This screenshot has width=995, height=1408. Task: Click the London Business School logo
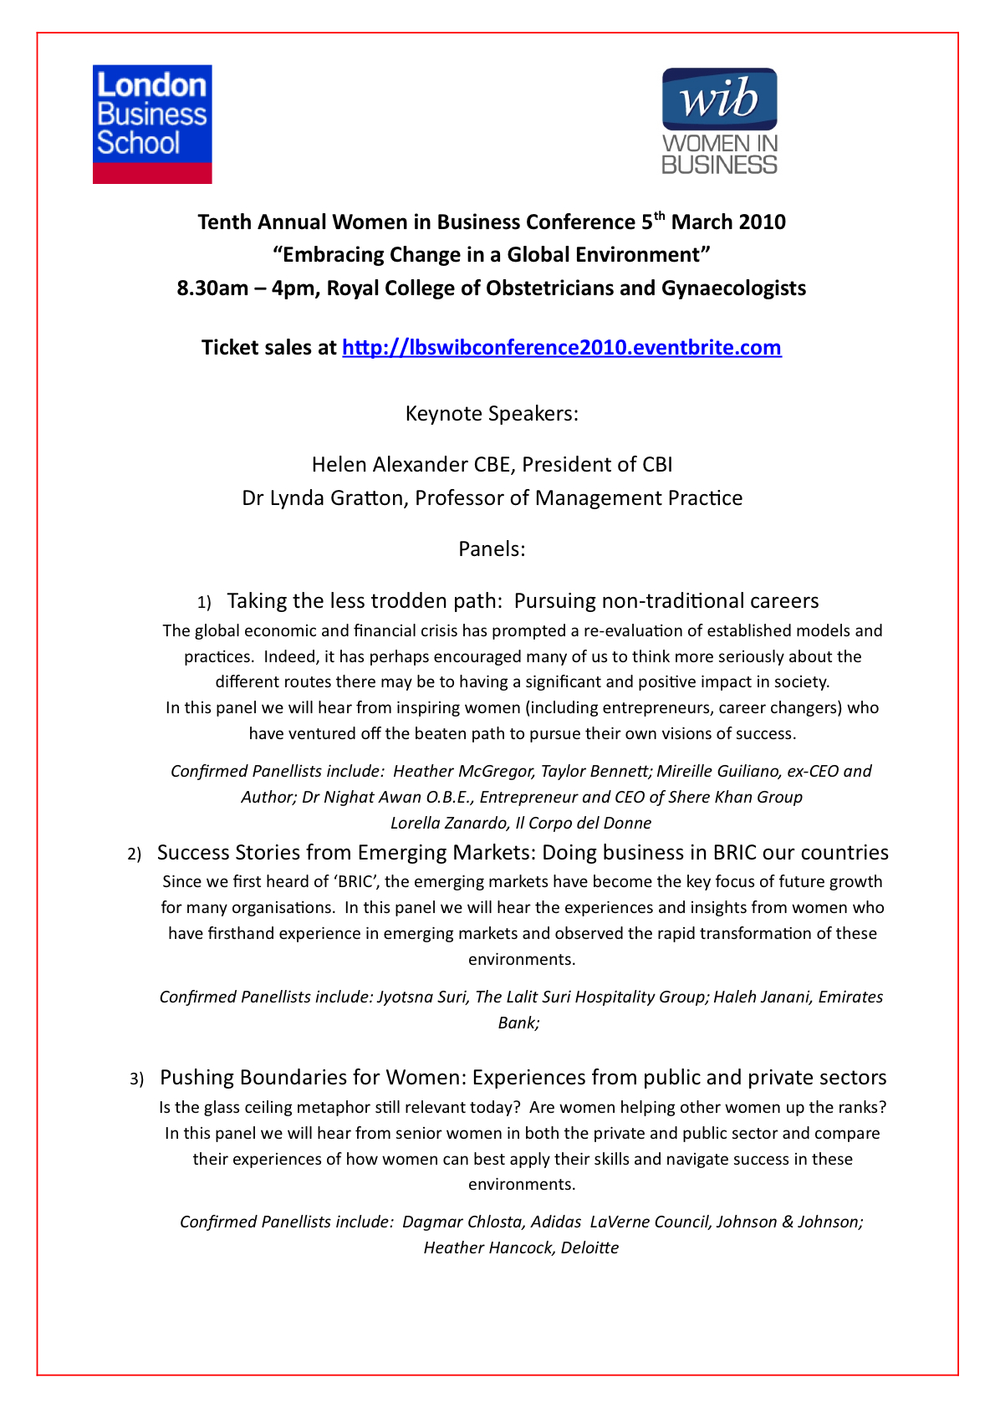coord(152,124)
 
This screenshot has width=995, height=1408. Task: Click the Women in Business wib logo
coord(719,121)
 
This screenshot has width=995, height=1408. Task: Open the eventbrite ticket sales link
coord(562,348)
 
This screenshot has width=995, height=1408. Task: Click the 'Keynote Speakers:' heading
coord(492,414)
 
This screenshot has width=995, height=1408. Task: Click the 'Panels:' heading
coord(492,549)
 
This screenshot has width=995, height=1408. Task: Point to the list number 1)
coord(204,602)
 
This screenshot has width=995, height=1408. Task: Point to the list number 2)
coord(135,854)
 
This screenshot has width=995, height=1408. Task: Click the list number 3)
coord(137,1079)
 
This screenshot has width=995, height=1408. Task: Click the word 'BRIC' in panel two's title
coord(735,853)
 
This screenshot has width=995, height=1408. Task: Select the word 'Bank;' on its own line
coord(518,1023)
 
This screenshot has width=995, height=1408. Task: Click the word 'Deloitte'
coord(589,1248)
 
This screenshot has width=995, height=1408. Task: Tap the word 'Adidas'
coord(556,1222)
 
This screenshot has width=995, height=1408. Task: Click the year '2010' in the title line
coord(761,222)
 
